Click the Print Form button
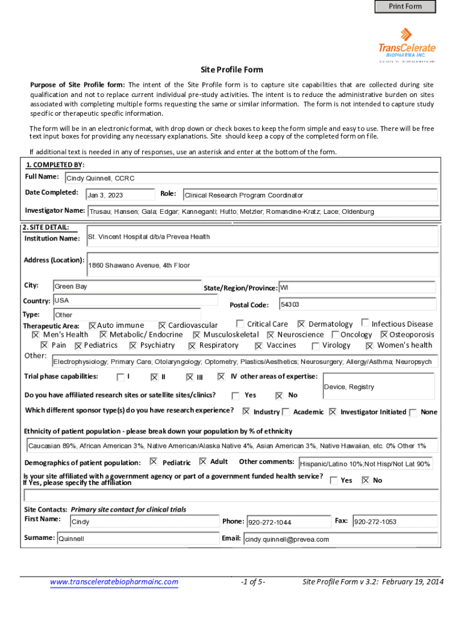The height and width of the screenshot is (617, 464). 405,7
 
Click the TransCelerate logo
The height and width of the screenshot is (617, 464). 407,44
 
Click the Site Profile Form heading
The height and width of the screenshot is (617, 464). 232,70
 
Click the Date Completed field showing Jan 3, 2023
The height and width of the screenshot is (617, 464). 121,195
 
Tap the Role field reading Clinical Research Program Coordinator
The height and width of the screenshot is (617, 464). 310,195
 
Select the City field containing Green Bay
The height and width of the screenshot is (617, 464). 127,287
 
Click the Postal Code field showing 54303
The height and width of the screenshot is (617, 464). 357,304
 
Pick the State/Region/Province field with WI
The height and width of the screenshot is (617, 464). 357,287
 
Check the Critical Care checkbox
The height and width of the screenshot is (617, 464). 240,324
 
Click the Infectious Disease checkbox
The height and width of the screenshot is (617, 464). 365,324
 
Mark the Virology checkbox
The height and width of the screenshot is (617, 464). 316,346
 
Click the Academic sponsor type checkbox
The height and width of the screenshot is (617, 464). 286,412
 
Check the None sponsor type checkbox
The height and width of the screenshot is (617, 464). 413,413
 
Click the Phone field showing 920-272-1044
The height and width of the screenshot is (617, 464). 287,522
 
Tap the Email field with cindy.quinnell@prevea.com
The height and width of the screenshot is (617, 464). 339,539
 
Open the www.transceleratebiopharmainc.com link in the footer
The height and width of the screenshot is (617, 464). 114,582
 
